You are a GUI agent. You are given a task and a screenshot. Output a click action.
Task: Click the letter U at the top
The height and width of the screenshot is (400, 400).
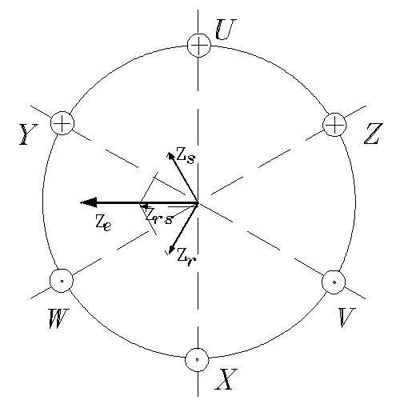(x=226, y=30)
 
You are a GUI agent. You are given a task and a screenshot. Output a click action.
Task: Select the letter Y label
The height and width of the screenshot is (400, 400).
(x=29, y=134)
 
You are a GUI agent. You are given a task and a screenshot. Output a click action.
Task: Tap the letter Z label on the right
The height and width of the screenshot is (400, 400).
(x=374, y=134)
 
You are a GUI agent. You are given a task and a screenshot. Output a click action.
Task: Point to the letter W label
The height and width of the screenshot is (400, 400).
(x=58, y=318)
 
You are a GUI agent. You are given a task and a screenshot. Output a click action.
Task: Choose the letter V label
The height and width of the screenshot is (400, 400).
(x=346, y=318)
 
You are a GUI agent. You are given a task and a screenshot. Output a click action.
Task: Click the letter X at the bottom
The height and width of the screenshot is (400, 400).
(x=226, y=379)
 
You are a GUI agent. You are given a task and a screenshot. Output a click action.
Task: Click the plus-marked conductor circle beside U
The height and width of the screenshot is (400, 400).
(x=199, y=46)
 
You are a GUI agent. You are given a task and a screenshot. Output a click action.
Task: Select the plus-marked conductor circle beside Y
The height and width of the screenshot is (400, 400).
(x=62, y=123)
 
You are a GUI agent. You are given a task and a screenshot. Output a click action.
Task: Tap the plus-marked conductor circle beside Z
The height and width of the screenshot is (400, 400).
(x=334, y=125)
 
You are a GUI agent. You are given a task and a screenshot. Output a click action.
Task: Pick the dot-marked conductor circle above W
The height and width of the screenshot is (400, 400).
(x=62, y=281)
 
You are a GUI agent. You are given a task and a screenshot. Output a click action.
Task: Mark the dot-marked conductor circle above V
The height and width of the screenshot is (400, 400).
(x=334, y=282)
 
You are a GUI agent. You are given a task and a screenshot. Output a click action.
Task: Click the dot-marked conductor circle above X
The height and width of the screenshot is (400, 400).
(x=197, y=359)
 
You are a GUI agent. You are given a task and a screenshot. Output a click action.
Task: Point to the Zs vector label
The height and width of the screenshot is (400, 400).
(x=186, y=155)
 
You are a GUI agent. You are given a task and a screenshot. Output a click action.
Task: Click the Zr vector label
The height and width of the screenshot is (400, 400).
(x=186, y=257)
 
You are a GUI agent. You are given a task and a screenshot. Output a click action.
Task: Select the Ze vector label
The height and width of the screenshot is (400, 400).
(x=103, y=223)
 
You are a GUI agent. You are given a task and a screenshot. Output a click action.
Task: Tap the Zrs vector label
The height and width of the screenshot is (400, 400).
(x=159, y=215)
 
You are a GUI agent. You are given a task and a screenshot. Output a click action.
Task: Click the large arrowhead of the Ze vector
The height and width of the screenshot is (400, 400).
(x=89, y=202)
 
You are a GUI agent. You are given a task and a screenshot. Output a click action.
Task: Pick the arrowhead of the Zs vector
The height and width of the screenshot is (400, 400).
(x=170, y=156)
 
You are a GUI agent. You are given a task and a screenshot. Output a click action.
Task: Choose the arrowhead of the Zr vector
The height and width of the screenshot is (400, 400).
(x=170, y=250)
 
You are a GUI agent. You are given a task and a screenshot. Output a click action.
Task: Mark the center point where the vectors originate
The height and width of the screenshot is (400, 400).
(x=198, y=203)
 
